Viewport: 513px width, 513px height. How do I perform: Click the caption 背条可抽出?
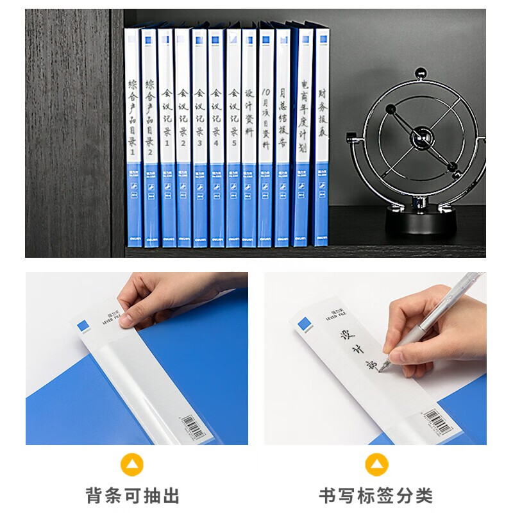click(133, 495)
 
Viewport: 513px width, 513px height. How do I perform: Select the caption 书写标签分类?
click(376, 495)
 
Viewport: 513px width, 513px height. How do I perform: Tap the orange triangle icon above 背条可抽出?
click(132, 464)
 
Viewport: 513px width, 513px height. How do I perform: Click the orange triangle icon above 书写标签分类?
click(376, 464)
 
